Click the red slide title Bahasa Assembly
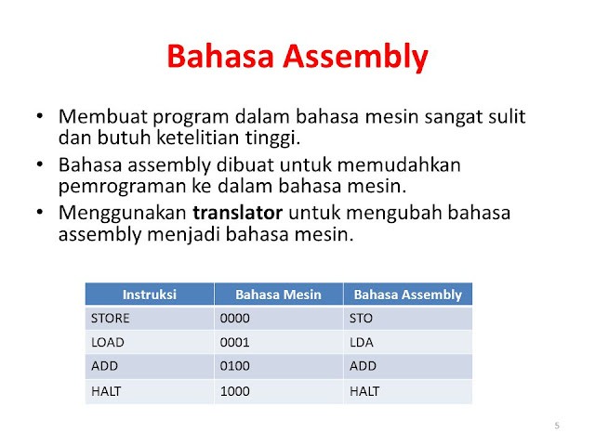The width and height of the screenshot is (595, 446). [297, 58]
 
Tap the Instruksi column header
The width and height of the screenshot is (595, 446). [149, 295]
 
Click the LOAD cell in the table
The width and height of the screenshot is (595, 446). [107, 343]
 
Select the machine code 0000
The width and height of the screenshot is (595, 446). [235, 319]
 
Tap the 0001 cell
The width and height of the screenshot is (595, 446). [235, 343]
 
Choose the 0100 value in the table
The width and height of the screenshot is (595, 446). [235, 367]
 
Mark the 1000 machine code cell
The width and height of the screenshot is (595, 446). [235, 391]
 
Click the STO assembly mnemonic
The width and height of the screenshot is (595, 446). [361, 319]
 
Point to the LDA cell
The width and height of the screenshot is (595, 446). [361, 343]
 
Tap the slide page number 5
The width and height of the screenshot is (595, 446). [556, 426]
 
